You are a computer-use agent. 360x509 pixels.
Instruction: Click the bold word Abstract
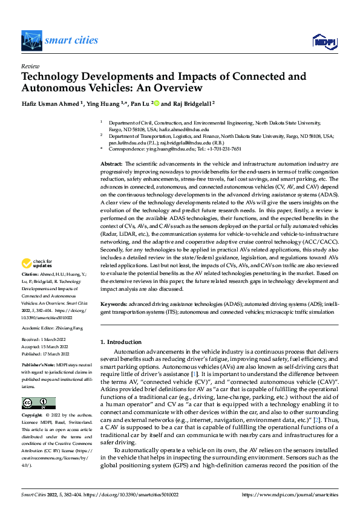pyautogui.click(x=111, y=164)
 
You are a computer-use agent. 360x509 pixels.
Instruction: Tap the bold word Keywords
pyautogui.click(x=113, y=305)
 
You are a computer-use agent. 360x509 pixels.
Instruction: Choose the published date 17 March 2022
pyautogui.click(x=54, y=354)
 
